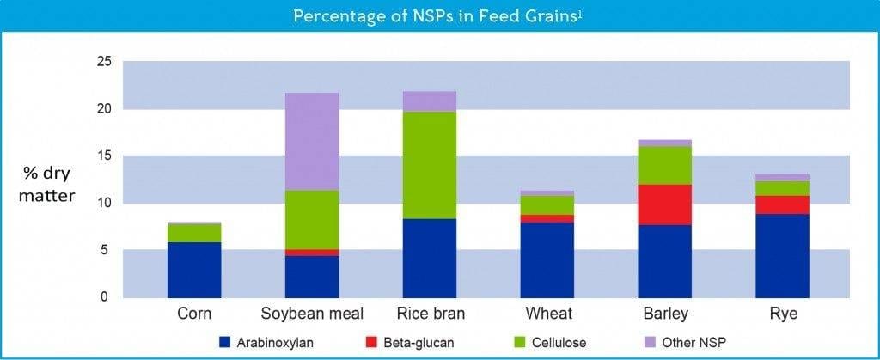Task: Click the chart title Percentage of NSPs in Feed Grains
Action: click(439, 16)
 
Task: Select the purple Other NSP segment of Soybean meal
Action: click(312, 141)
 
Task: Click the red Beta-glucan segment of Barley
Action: click(665, 204)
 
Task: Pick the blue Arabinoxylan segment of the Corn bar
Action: click(194, 270)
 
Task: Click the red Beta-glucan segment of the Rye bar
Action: click(783, 204)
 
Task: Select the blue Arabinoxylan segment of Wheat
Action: click(547, 259)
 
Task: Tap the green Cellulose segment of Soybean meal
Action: click(312, 220)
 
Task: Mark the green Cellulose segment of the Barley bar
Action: click(665, 166)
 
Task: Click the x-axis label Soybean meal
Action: click(312, 314)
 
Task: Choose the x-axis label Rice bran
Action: click(430, 314)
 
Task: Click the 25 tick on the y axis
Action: click(104, 62)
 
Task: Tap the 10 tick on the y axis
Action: click(104, 204)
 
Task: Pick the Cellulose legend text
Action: click(561, 343)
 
